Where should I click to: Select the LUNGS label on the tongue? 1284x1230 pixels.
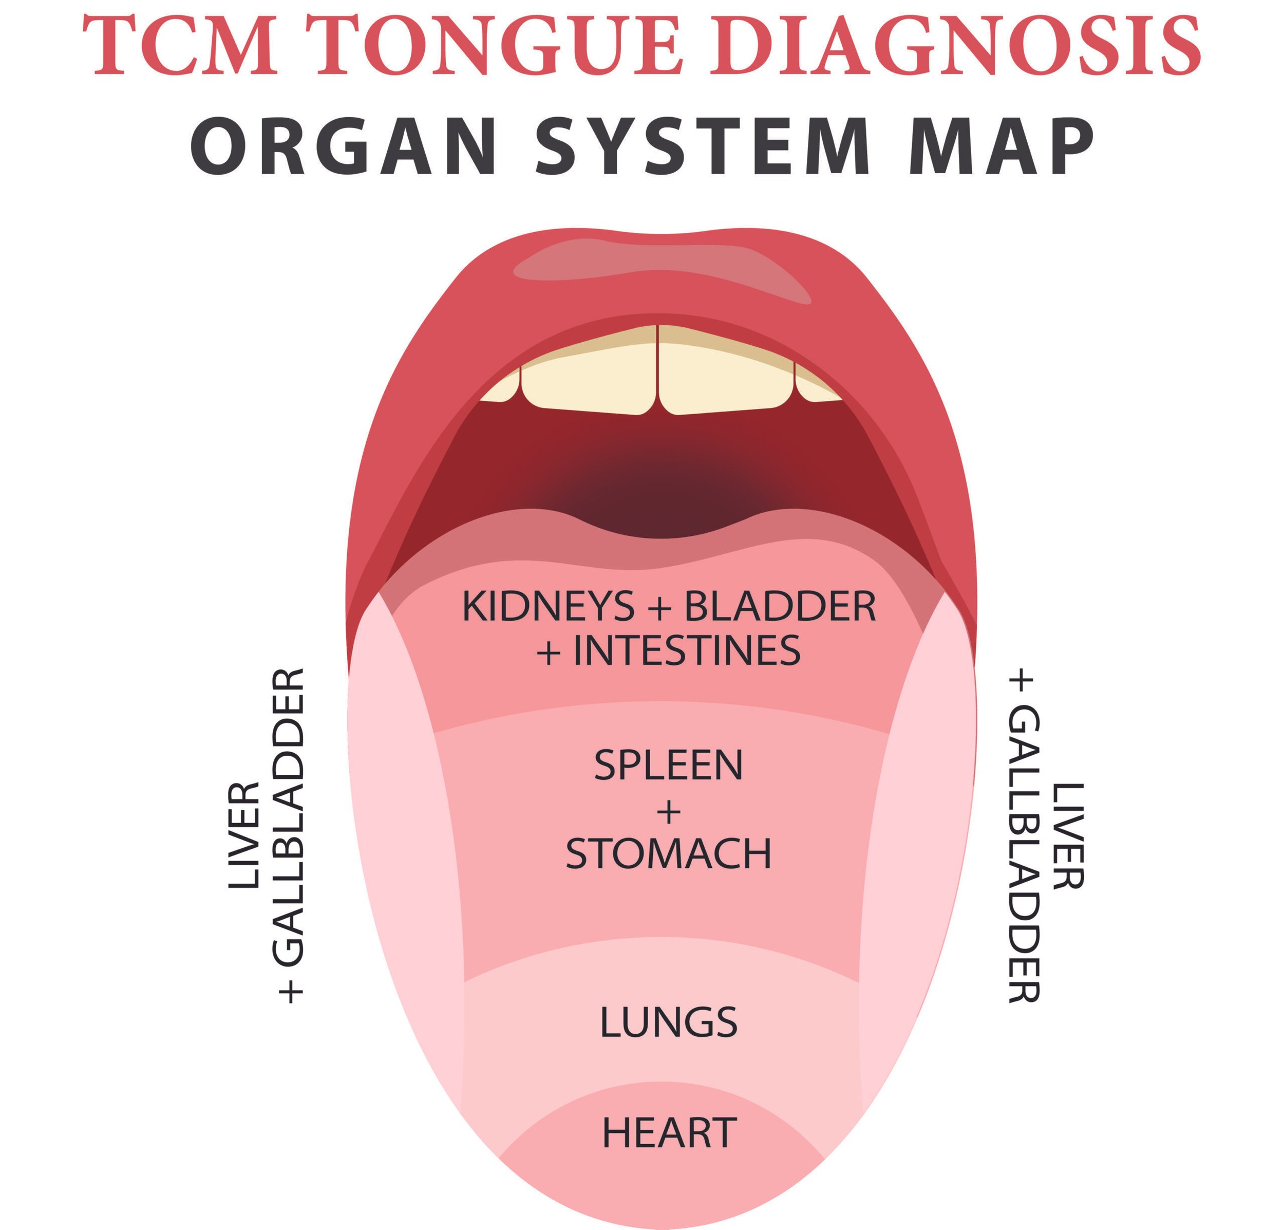click(668, 1021)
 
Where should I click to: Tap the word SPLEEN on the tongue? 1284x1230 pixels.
click(668, 764)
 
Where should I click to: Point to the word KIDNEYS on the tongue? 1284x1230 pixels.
click(547, 606)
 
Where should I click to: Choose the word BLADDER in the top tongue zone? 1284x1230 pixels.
click(780, 606)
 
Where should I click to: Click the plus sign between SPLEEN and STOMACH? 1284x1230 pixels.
click(668, 811)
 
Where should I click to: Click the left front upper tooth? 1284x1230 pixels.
click(590, 373)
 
